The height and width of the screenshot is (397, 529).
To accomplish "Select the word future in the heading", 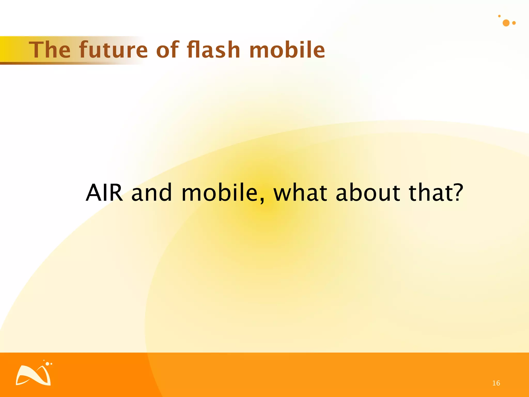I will point(113,50).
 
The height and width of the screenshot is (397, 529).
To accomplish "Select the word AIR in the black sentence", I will point(104,193).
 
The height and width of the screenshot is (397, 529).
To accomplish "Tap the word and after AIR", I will point(151,193).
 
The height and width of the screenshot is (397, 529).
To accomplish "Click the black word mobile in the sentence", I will point(220,193).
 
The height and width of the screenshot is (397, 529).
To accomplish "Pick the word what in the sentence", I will point(301,193).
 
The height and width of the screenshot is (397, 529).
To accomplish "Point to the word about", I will point(368,193).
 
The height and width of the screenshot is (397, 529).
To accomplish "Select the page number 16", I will point(496,383).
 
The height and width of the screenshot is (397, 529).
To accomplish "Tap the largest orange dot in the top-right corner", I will point(506,23).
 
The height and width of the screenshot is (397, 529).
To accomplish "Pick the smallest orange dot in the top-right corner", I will point(499,16).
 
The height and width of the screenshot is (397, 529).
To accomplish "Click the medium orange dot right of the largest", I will point(514,23).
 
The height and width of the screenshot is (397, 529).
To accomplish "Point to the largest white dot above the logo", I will point(47,364).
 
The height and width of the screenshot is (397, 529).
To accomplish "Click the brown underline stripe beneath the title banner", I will point(52,63).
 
